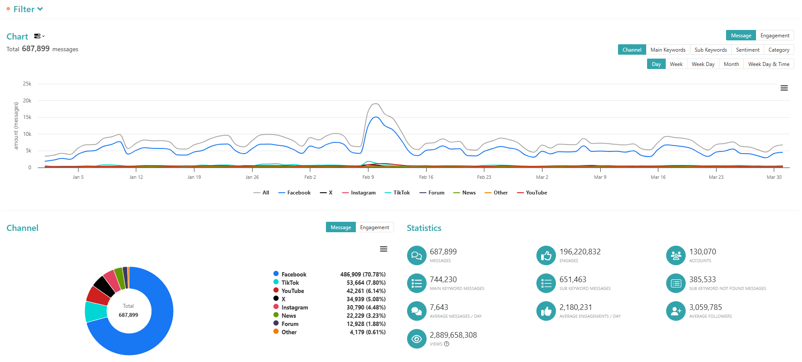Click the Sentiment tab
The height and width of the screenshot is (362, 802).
pos(747,50)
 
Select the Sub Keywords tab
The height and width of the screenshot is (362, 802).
pos(710,50)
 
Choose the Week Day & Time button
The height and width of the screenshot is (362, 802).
pos(769,64)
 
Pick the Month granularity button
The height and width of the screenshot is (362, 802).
pos(731,64)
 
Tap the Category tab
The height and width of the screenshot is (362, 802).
pos(779,50)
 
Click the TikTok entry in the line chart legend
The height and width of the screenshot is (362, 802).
pos(397,193)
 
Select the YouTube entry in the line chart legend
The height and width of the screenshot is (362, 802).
pos(532,193)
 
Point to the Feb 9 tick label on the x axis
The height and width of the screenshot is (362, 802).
pos(368,177)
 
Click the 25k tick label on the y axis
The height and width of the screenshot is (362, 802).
pos(27,84)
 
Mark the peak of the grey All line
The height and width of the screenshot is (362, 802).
pos(376,104)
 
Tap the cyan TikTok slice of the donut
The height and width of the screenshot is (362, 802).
pos(96,311)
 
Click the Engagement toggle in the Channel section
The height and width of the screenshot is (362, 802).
pos(375,227)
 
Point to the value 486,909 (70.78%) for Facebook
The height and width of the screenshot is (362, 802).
pos(363,274)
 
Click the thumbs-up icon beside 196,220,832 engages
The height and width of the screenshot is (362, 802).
pos(546,256)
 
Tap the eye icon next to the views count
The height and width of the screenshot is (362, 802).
pos(417,339)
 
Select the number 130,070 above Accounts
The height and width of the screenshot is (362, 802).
pos(703,252)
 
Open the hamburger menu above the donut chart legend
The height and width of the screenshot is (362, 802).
pos(384,249)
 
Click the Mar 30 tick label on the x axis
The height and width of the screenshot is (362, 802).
pos(774,177)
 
